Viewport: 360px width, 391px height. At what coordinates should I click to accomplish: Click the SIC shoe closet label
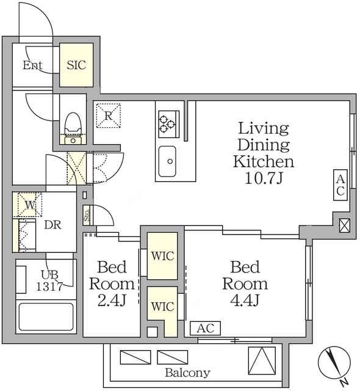[76, 65]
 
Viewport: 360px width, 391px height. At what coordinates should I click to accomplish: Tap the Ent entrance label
[32, 65]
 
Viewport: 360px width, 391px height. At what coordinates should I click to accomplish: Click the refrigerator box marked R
[108, 115]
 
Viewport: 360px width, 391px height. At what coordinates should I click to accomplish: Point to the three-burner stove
[168, 124]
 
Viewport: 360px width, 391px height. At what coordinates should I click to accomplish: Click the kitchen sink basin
[167, 161]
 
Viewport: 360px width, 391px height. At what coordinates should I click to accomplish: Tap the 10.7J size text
[264, 178]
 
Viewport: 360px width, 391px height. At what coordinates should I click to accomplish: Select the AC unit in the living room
[340, 185]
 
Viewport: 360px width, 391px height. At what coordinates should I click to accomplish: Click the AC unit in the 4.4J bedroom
[206, 328]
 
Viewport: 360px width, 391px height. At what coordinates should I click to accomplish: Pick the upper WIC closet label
[162, 256]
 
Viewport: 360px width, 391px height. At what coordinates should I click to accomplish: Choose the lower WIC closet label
[162, 306]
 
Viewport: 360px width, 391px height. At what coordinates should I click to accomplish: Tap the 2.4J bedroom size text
[112, 301]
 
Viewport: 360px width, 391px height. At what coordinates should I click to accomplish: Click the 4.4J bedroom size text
[245, 301]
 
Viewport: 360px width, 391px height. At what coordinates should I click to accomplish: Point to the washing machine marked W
[30, 205]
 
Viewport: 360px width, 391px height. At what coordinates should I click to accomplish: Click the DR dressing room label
[52, 225]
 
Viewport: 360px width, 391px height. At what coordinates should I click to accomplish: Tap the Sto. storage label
[87, 215]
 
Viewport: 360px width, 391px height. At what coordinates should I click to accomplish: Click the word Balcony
[188, 373]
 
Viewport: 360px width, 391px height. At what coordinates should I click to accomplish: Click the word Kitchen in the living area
[264, 161]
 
